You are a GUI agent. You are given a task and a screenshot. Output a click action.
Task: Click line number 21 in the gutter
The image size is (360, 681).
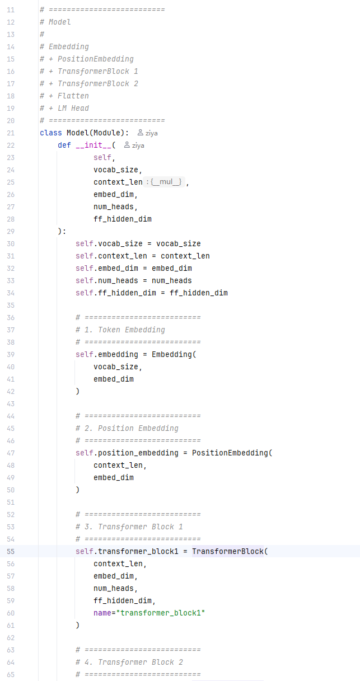point(11,133)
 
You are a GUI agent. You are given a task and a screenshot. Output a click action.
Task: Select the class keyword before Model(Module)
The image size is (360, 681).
point(51,133)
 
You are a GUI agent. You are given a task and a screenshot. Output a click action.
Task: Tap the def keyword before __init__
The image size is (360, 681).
point(64,145)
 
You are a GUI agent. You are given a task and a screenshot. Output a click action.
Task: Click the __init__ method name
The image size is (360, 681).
point(93,145)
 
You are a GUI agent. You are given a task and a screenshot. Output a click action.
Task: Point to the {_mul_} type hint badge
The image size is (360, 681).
point(164,182)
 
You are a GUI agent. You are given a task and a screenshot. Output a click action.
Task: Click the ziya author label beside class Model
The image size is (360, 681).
point(147,133)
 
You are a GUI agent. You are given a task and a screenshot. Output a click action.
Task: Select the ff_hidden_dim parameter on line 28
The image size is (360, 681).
point(123,219)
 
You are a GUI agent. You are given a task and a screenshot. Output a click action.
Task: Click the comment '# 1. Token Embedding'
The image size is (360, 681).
point(120,330)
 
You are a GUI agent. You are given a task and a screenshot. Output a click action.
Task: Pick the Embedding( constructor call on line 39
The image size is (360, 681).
point(174,354)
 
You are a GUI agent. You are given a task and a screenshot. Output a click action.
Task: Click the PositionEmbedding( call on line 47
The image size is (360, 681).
point(232,453)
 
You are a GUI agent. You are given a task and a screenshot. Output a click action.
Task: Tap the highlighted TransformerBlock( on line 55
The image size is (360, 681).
point(230,552)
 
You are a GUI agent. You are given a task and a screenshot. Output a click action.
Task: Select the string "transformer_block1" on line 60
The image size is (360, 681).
point(161,613)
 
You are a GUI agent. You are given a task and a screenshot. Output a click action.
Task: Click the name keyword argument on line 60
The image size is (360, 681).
point(102,613)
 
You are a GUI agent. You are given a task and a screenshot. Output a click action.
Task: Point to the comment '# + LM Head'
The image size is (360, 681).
point(64,108)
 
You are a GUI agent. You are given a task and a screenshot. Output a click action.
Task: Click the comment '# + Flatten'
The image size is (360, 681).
point(64,96)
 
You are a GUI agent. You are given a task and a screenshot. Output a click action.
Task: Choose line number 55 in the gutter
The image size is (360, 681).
point(11,552)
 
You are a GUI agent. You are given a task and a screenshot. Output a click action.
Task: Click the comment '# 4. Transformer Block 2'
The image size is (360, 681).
point(129,662)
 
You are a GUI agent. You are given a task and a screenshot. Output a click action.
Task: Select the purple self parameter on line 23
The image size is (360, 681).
point(102,157)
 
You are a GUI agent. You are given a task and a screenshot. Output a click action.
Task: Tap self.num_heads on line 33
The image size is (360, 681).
point(107,280)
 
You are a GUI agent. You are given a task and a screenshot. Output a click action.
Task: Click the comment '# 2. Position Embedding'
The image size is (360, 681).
point(127,429)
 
